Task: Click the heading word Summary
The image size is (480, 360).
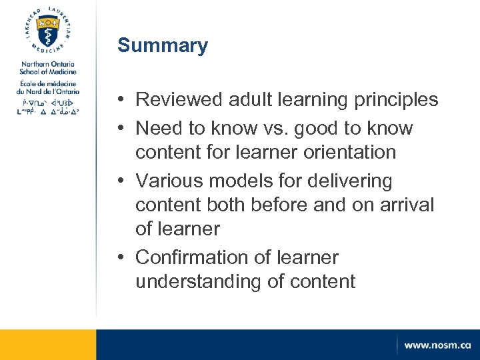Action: pyautogui.click(x=163, y=46)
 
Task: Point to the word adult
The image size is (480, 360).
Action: pyautogui.click(x=246, y=100)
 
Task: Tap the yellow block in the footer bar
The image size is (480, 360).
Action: pyautogui.click(x=48, y=345)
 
